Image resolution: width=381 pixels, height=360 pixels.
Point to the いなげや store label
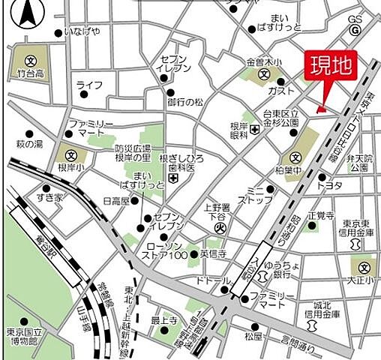pyautogui.click(x=82, y=32)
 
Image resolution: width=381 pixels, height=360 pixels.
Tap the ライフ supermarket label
pyautogui.click(x=90, y=85)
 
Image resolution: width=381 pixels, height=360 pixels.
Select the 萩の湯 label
pyautogui.click(x=30, y=143)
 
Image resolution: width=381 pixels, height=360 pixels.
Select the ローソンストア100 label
pyautogui.click(x=163, y=253)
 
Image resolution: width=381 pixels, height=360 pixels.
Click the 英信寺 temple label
pyautogui.click(x=214, y=253)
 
